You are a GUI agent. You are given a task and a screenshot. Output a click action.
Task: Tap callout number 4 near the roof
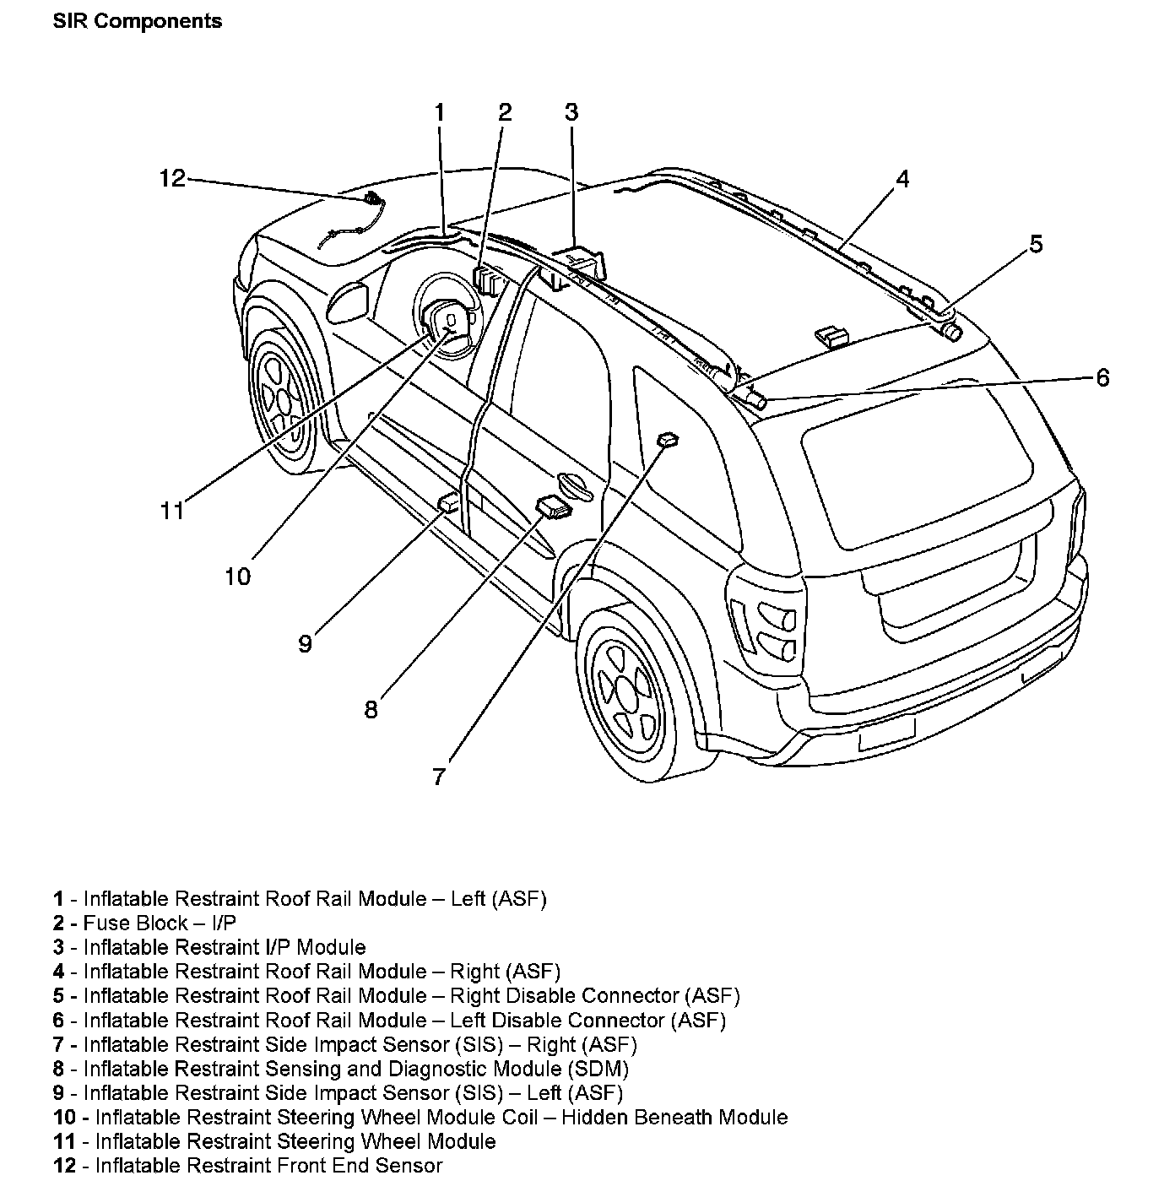(x=902, y=179)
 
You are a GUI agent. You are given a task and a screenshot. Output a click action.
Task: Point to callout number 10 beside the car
(x=237, y=577)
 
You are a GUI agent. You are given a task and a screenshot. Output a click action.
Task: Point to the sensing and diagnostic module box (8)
(x=553, y=507)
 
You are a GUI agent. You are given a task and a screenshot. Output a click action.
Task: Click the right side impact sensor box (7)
(x=668, y=439)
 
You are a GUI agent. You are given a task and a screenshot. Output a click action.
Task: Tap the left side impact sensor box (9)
(x=449, y=504)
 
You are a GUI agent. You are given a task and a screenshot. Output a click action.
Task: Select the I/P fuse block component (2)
(x=488, y=279)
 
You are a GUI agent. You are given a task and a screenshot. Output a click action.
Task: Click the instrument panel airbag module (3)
(x=582, y=258)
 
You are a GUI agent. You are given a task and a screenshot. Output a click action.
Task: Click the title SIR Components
(x=137, y=21)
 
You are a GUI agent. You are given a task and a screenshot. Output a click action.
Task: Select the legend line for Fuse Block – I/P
(x=145, y=923)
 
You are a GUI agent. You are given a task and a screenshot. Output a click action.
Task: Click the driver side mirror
(x=348, y=302)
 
